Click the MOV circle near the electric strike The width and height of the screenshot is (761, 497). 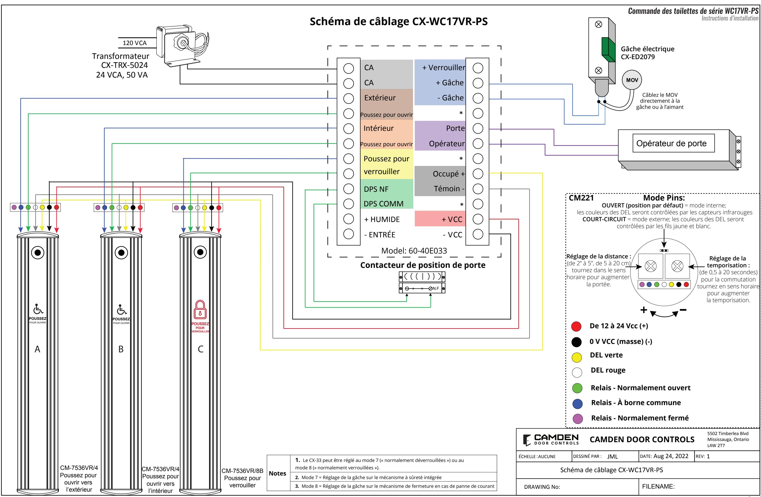pos(632,80)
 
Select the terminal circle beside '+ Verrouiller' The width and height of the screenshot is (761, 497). pos(478,68)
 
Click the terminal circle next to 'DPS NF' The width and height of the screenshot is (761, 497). pos(348,189)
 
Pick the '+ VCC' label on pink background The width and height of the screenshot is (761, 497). pos(452,219)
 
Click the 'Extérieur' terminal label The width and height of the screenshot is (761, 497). pos(380,98)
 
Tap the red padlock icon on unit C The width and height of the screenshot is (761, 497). pos(200,309)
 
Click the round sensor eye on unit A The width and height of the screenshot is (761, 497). pos(38,253)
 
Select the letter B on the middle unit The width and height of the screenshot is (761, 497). pos(121,349)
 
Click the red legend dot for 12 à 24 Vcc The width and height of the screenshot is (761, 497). pos(576,326)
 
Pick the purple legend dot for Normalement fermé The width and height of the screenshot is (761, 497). pos(577,419)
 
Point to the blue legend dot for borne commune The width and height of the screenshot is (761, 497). pos(577,404)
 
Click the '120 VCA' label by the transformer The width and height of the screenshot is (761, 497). pos(135,43)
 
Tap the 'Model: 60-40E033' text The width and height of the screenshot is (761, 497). pos(414,251)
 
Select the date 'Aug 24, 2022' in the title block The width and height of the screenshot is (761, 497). pos(671,456)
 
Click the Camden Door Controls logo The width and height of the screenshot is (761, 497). pos(551,439)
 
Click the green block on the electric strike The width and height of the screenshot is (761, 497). pos(608,50)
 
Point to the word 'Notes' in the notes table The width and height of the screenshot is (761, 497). pos(278,473)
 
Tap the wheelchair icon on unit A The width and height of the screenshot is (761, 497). pos(38,309)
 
